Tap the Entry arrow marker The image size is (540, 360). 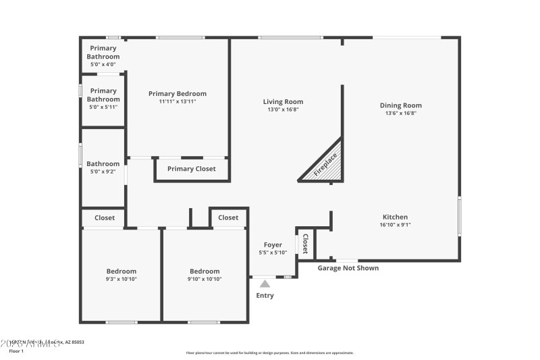tap(265, 284)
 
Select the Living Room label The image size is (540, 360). tap(283, 102)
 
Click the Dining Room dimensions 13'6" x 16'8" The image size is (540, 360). tap(400, 113)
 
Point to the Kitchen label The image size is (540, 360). tap(395, 217)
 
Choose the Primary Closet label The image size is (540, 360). tap(192, 169)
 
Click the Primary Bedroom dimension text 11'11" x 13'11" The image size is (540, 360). tap(178, 102)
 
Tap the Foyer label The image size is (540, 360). tap(273, 245)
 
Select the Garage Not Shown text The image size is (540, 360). tap(348, 268)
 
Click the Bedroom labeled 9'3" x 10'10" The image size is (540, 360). tap(122, 272)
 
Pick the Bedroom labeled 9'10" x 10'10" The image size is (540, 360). tap(205, 272)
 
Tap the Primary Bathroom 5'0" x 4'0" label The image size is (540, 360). tap(103, 53)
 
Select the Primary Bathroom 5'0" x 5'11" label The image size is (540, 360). tap(103, 95)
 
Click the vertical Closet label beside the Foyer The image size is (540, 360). tap(305, 243)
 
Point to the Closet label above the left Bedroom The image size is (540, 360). tap(105, 218)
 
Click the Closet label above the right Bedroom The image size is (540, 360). tap(228, 217)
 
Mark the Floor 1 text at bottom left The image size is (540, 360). tap(16, 351)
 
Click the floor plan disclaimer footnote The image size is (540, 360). tap(269, 353)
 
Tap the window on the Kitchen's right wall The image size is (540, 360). tap(460, 216)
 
